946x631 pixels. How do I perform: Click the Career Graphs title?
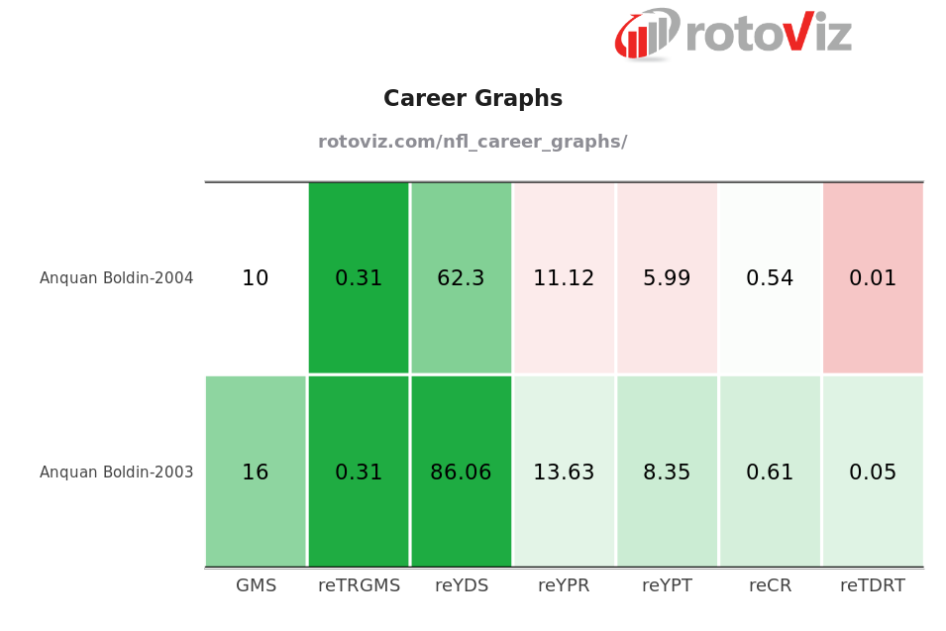point(473,99)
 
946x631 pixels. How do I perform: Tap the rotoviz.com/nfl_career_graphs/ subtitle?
point(473,142)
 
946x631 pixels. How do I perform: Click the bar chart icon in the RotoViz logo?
point(646,36)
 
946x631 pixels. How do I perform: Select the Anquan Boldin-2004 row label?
point(117,278)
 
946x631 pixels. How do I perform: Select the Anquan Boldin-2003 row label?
point(117,473)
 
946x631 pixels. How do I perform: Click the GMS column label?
point(256,585)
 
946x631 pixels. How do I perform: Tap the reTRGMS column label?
point(359,585)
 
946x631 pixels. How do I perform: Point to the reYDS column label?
point(462,585)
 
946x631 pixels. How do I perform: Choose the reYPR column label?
point(564,585)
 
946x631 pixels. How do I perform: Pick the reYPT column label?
point(667,585)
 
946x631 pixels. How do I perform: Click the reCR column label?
point(770,585)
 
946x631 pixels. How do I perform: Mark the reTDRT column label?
point(873,585)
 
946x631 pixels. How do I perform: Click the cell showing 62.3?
point(462,278)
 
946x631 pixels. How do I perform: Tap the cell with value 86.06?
point(462,473)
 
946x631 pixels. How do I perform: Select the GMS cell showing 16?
point(256,473)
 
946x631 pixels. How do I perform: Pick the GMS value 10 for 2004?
point(256,278)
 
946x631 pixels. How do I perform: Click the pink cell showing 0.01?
point(873,278)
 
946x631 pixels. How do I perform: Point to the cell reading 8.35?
point(667,473)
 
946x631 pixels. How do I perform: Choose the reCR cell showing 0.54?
point(770,278)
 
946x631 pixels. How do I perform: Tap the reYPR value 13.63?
point(564,473)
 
